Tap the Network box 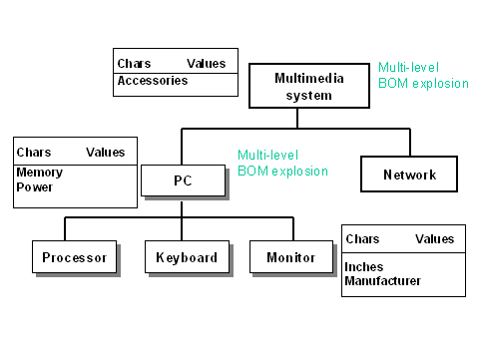pyautogui.click(x=409, y=175)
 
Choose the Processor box pyautogui.click(x=74, y=257)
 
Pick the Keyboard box pyautogui.click(x=187, y=257)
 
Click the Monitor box pyautogui.click(x=290, y=257)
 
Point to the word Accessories pyautogui.click(x=152, y=81)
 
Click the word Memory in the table pyautogui.click(x=39, y=173)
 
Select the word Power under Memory pyautogui.click(x=34, y=186)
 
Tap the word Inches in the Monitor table pyautogui.click(x=363, y=267)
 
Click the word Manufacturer pyautogui.click(x=382, y=281)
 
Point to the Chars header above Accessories pyautogui.click(x=134, y=62)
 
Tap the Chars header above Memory pyautogui.click(x=34, y=153)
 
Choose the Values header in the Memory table pyautogui.click(x=106, y=153)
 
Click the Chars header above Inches pyautogui.click(x=362, y=239)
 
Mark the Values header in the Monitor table pyautogui.click(x=434, y=239)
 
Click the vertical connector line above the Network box pyautogui.click(x=409, y=142)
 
